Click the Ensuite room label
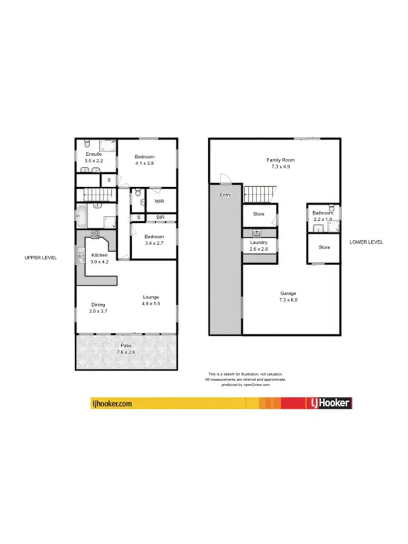tap(94, 154)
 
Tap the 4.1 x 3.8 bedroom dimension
tap(144, 163)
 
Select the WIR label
tap(160, 201)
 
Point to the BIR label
tap(161, 217)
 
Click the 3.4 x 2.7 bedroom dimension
tap(154, 243)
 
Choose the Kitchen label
tap(99, 255)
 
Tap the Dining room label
tap(98, 305)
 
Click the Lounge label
tap(150, 297)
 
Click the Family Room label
tap(280, 161)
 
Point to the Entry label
tap(226, 195)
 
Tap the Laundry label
tap(259, 242)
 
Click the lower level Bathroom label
tap(322, 212)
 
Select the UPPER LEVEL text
tap(40, 257)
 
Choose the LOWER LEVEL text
tap(366, 242)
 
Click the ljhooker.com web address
tap(113, 404)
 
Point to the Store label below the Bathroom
tap(324, 247)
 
